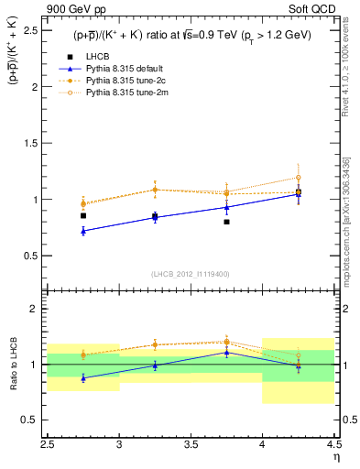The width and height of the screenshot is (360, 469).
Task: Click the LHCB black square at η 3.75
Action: click(x=226, y=222)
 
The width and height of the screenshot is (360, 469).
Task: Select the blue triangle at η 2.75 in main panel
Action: click(x=83, y=231)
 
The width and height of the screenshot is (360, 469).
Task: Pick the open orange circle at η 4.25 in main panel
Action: click(x=298, y=178)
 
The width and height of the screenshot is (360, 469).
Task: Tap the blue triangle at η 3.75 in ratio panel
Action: click(x=226, y=352)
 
